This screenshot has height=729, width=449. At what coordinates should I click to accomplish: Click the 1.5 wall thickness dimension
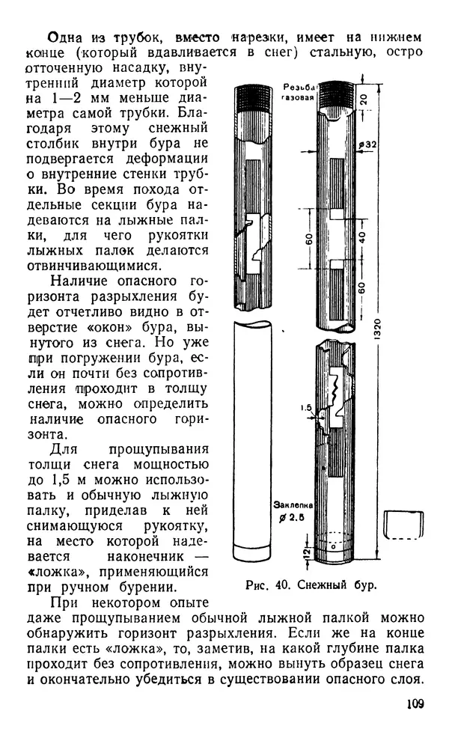pos(306,408)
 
